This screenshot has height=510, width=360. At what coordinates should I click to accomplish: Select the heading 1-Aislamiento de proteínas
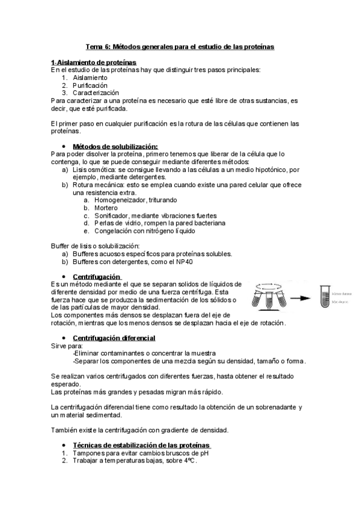[x=93, y=63]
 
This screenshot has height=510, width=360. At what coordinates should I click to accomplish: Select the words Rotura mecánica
[x=98, y=185]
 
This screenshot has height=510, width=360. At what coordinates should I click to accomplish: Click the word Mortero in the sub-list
[x=105, y=207]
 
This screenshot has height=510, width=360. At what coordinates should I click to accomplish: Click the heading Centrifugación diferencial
[x=114, y=337]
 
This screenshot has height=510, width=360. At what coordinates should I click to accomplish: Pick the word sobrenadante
[x=272, y=407]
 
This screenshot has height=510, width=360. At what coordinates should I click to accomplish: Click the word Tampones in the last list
[x=87, y=453]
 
